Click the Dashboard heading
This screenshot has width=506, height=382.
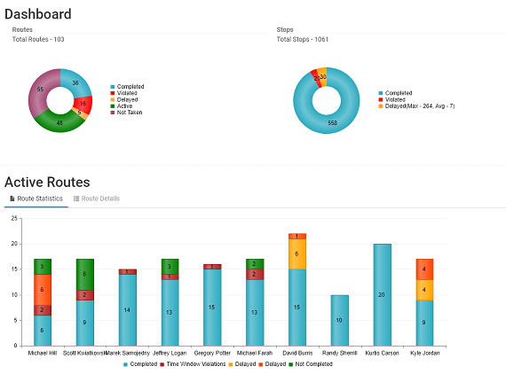(x=37, y=14)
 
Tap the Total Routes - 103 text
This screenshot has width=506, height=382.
(x=38, y=39)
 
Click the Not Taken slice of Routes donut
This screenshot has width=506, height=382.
(x=41, y=91)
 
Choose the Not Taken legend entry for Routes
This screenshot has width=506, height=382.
(x=129, y=113)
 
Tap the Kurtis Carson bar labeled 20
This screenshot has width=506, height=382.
(x=382, y=293)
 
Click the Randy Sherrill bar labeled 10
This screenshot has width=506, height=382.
(x=339, y=319)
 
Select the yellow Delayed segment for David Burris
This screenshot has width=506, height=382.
(x=296, y=253)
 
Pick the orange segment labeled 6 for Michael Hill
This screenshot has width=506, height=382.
(x=43, y=289)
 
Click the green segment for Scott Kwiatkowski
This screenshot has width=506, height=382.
(x=85, y=274)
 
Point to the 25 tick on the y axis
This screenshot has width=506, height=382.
(x=13, y=217)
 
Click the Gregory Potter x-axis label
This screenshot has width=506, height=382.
(x=212, y=353)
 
